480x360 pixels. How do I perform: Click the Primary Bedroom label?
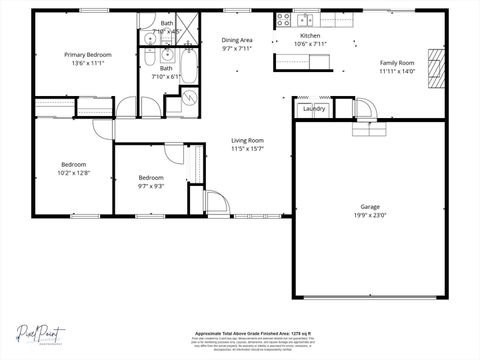coord(87,55)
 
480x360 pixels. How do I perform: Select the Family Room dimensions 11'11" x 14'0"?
coord(396,71)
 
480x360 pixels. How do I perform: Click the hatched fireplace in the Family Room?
coord(434,71)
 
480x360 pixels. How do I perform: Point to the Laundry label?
coord(314,108)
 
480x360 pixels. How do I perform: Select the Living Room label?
coord(247,140)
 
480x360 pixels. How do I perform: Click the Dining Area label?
coord(237,40)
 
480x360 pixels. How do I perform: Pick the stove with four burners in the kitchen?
coord(283,19)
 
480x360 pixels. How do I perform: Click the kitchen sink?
coord(304,19)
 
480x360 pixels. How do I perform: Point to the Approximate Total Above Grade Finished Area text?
coord(239,334)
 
